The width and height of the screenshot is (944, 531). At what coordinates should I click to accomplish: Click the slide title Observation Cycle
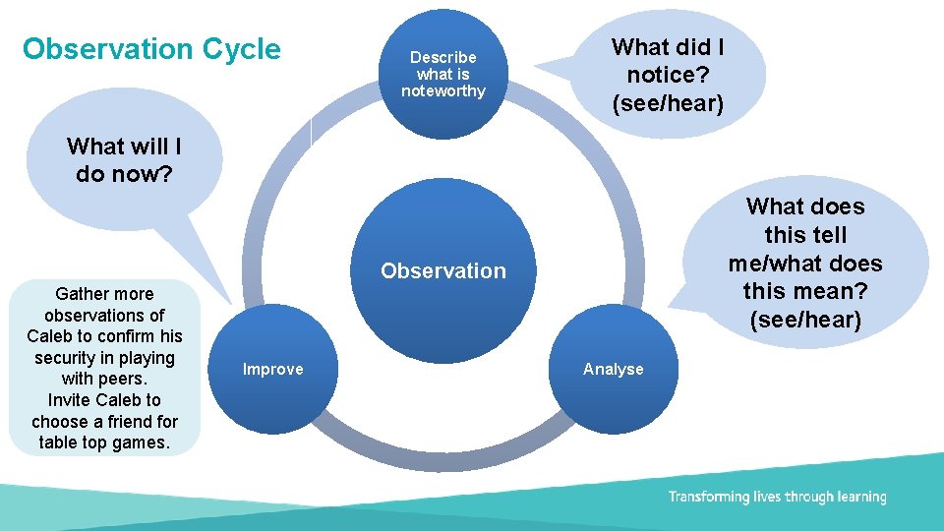pyautogui.click(x=151, y=49)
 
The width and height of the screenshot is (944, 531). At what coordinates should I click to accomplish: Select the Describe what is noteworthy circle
pyautogui.click(x=443, y=74)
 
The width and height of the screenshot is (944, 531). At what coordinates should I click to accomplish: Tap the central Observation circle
pyautogui.click(x=443, y=271)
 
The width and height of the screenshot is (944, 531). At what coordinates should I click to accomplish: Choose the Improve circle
pyautogui.click(x=273, y=370)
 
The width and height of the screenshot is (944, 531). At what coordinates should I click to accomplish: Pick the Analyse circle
pyautogui.click(x=614, y=370)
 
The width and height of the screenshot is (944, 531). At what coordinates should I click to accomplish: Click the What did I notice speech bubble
pyautogui.click(x=668, y=75)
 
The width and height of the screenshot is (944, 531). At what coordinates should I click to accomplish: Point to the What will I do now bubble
pyautogui.click(x=124, y=160)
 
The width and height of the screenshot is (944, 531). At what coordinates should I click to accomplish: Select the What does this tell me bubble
pyautogui.click(x=805, y=263)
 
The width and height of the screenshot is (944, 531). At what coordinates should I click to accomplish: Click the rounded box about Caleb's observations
pyautogui.click(x=104, y=368)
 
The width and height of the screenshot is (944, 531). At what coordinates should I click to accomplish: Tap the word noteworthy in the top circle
pyautogui.click(x=443, y=91)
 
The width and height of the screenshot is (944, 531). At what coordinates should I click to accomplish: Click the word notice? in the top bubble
pyautogui.click(x=668, y=75)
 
